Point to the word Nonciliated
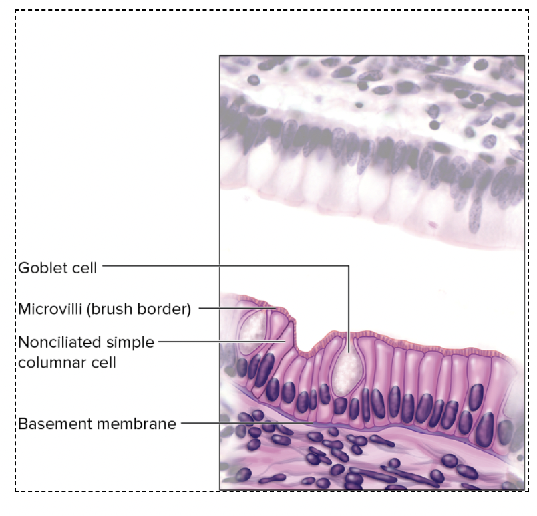point(60,343)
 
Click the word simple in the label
point(130,343)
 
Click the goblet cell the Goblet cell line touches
point(347,368)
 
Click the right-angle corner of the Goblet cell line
point(348,266)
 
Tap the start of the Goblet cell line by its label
point(104,266)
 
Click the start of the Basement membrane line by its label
point(182,423)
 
